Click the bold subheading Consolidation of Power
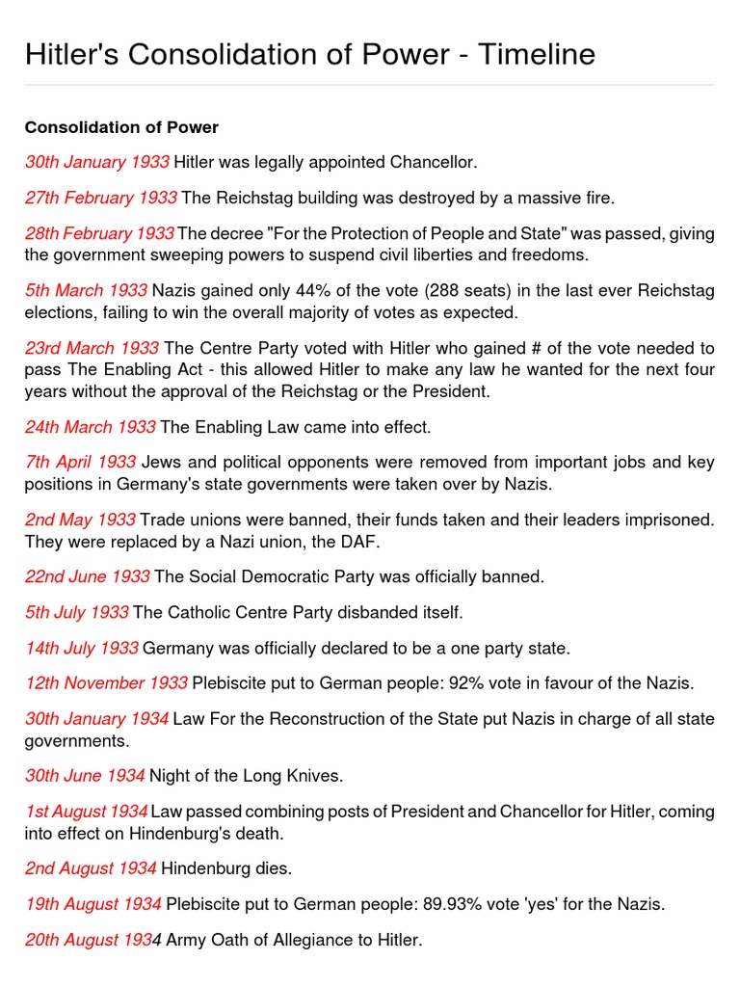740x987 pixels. pyautogui.click(x=121, y=127)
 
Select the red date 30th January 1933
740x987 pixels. pyautogui.click(x=97, y=162)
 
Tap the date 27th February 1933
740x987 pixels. pyautogui.click(x=101, y=198)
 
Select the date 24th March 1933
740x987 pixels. pyautogui.click(x=91, y=426)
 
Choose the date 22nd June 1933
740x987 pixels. pyautogui.click(x=88, y=576)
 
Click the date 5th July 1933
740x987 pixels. pyautogui.click(x=77, y=612)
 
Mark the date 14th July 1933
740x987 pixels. pyautogui.click(x=82, y=648)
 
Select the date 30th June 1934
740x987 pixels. pyautogui.click(x=86, y=775)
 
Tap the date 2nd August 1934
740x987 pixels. pyautogui.click(x=91, y=868)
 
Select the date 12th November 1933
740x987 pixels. pyautogui.click(x=106, y=683)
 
